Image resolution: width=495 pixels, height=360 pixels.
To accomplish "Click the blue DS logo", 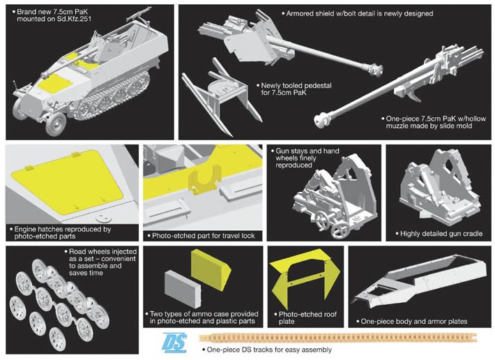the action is [174, 343].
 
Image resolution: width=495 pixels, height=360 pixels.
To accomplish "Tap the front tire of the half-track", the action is [56, 123].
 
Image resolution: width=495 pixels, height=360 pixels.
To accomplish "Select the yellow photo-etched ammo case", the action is [211, 269].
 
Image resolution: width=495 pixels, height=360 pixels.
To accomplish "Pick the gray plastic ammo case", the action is [183, 288].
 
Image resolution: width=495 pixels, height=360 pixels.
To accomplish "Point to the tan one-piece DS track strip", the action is [338, 338].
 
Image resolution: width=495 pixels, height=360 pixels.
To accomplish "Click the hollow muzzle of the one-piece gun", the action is [322, 121].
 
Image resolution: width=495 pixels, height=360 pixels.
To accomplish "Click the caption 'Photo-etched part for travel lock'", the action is [204, 236].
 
